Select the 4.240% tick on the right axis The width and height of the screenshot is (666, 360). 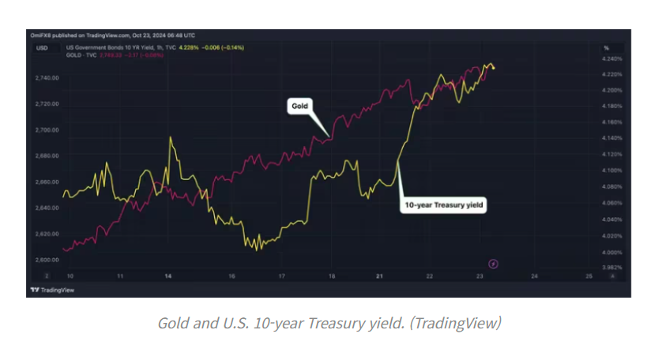point(612,58)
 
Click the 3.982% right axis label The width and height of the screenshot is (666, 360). point(612,268)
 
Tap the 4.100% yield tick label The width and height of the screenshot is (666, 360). point(612,171)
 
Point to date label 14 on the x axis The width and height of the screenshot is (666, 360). point(167,276)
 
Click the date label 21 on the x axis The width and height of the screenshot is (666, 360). point(380,276)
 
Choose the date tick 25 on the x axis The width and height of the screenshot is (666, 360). point(589,276)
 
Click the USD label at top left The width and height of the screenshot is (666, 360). point(40,48)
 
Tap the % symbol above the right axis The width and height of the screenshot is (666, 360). point(607,48)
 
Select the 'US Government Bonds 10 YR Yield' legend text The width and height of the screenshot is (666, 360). point(102,48)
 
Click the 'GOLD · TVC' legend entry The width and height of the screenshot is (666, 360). point(81,56)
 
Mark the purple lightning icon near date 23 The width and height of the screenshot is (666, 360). point(494,262)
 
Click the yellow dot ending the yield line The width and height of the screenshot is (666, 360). point(495,67)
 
